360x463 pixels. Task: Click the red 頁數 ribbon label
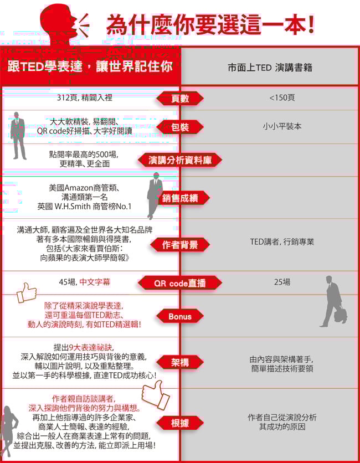coord(180,99)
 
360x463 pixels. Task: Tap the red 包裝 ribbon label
coord(180,127)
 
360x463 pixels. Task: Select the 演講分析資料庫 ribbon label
coord(180,161)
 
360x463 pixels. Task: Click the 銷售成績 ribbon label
coord(180,198)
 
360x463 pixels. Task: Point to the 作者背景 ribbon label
coord(180,245)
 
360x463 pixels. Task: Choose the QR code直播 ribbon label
coord(180,284)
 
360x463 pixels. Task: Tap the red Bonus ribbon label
coord(180,317)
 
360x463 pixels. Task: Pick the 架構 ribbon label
coord(180,362)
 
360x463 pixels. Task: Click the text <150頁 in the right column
coord(282,97)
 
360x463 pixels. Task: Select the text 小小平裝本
coord(282,126)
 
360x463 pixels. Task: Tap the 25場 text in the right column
coord(282,282)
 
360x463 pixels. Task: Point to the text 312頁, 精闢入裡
coord(85,97)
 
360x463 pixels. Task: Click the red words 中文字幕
coord(95,282)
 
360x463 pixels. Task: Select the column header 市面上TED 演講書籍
coord(270,68)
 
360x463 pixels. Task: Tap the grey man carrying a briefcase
coord(334,301)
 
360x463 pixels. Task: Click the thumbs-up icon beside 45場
coord(27,292)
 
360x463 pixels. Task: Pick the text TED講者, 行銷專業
coord(282,242)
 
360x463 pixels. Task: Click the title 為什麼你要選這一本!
coord(210,25)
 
